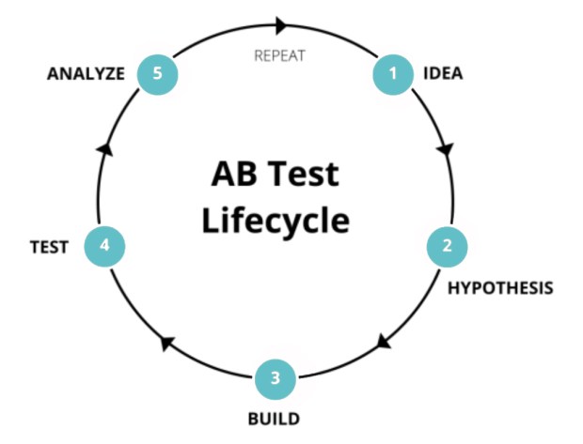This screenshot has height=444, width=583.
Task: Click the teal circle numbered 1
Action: [x=394, y=74]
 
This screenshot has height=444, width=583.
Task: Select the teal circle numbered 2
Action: [x=447, y=246]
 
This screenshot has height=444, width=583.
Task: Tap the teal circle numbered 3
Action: [x=275, y=379]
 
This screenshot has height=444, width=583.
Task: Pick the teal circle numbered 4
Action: [x=104, y=246]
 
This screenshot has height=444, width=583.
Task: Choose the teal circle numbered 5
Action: [x=157, y=74]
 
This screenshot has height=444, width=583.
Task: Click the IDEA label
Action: [x=443, y=74]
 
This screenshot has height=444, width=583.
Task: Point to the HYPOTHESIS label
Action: [x=499, y=287]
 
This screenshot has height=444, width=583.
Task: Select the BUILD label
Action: [x=275, y=419]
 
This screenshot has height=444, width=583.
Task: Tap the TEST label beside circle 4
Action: [x=49, y=248]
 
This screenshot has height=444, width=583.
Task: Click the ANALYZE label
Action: [x=87, y=74]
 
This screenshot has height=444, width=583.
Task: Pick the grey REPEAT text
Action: [x=280, y=55]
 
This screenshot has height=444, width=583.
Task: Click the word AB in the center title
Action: [x=232, y=176]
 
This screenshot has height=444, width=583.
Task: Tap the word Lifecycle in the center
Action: [x=275, y=221]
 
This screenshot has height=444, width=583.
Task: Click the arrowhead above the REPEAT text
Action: [x=279, y=21]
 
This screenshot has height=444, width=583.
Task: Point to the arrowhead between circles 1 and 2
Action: [x=446, y=149]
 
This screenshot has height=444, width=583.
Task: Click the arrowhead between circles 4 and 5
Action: [x=105, y=148]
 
